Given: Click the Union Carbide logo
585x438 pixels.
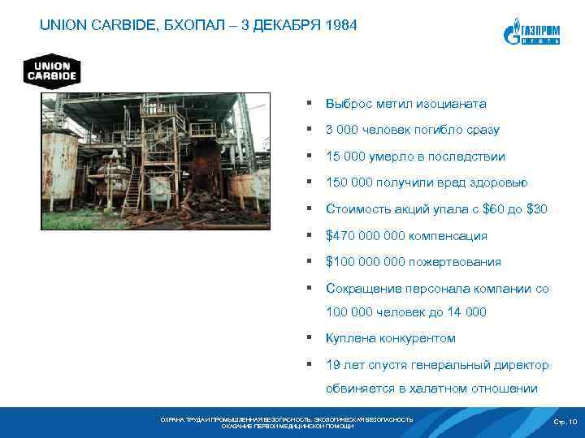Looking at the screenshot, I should (50, 71).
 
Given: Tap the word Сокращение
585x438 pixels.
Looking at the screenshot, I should (361, 289).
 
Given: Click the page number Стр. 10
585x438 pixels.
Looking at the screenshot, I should (565, 422).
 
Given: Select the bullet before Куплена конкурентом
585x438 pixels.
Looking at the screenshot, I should (310, 337).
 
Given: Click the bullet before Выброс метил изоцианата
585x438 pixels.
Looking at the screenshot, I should (310, 104).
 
